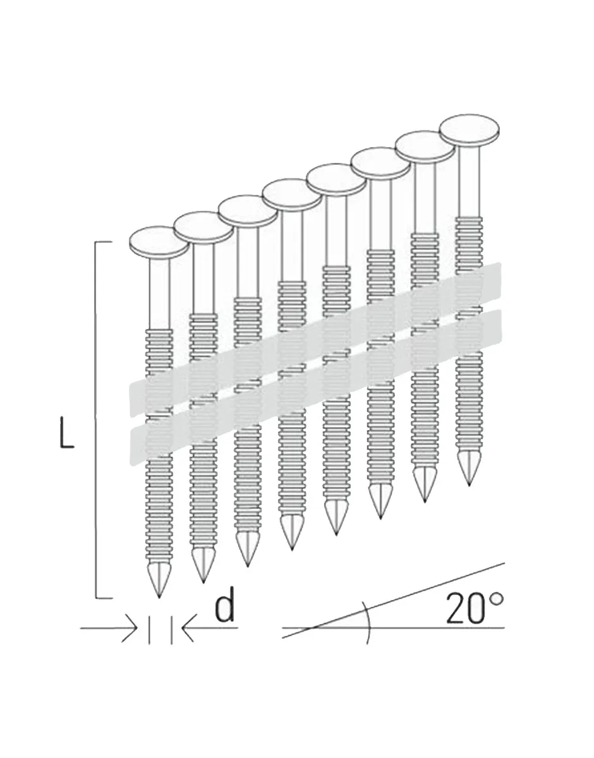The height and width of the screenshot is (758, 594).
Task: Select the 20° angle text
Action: click(475, 608)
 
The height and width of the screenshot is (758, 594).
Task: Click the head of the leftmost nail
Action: click(159, 243)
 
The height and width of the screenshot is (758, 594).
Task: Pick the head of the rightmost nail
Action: click(469, 129)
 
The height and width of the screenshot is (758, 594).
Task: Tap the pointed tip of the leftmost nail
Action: click(159, 598)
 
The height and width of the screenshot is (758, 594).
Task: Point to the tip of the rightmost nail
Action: click(470, 485)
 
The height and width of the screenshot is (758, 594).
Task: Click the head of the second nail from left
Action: click(203, 227)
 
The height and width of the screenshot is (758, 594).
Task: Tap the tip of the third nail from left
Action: click(247, 566)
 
